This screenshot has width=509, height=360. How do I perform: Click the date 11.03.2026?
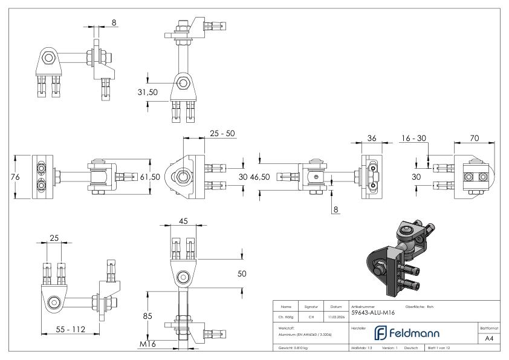pyautogui.click(x=336, y=316)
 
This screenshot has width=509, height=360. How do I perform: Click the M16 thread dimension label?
pyautogui.click(x=146, y=344)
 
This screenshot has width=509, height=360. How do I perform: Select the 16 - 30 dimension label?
pyautogui.click(x=413, y=138)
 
